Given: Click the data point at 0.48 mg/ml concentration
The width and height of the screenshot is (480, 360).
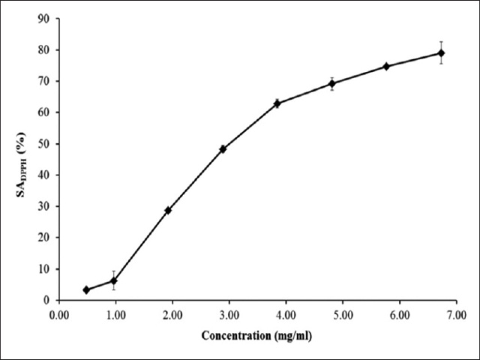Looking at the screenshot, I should pyautogui.click(x=86, y=289).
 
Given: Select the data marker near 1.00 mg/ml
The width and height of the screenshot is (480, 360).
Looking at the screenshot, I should pyautogui.click(x=113, y=280).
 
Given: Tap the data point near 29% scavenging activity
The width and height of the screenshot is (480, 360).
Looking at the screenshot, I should pyautogui.click(x=168, y=210).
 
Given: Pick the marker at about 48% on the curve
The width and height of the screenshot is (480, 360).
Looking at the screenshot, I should pyautogui.click(x=223, y=148).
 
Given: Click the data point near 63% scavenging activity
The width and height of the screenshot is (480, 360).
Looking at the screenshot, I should pyautogui.click(x=277, y=103).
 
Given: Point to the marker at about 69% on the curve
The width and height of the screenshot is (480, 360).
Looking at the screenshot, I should pyautogui.click(x=331, y=83).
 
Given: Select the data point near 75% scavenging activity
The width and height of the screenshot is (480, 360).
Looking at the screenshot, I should pyautogui.click(x=386, y=66).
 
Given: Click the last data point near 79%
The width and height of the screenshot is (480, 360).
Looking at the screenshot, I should pyautogui.click(x=441, y=52).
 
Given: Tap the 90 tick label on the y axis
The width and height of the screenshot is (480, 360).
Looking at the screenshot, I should pyautogui.click(x=45, y=19).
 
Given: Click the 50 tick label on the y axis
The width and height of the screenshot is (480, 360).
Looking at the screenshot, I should pyautogui.click(x=45, y=144).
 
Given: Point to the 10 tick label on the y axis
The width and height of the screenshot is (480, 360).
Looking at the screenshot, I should pyautogui.click(x=45, y=268).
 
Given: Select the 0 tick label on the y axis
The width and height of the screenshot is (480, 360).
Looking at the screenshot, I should pyautogui.click(x=48, y=300).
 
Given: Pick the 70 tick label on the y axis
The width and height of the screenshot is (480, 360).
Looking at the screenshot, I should pyautogui.click(x=45, y=81).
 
